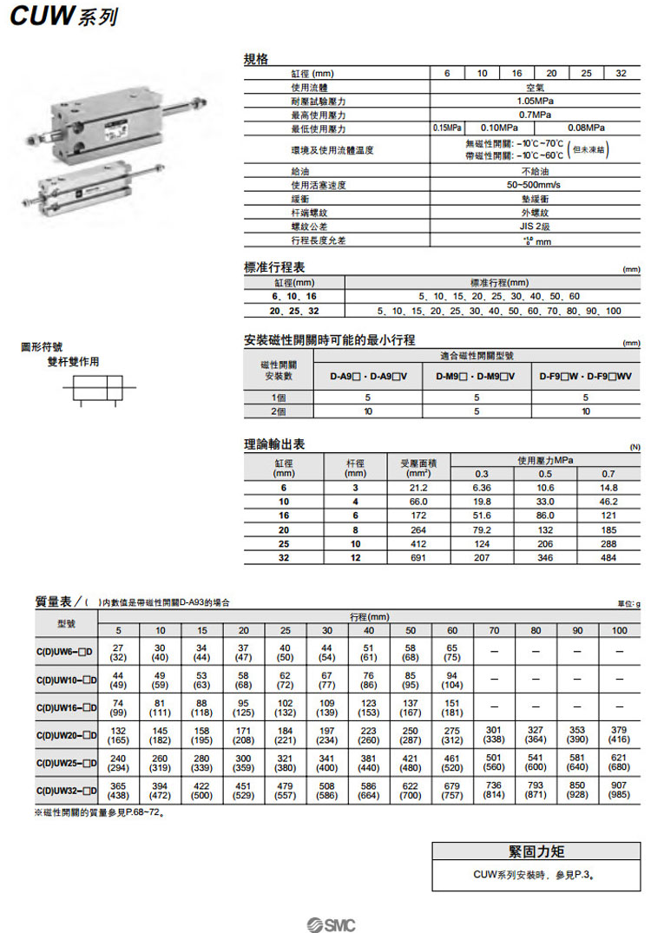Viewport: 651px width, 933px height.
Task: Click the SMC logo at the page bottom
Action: (330, 923)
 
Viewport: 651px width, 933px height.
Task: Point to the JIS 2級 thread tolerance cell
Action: (536, 226)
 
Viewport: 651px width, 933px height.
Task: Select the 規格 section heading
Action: (256, 60)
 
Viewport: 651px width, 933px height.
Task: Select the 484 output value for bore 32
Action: (608, 558)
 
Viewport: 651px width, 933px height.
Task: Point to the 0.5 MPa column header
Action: (545, 474)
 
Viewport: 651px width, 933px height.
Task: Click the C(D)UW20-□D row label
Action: (65, 735)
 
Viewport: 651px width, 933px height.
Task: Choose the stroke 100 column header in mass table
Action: (619, 630)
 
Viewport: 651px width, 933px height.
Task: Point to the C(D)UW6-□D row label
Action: (65, 652)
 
